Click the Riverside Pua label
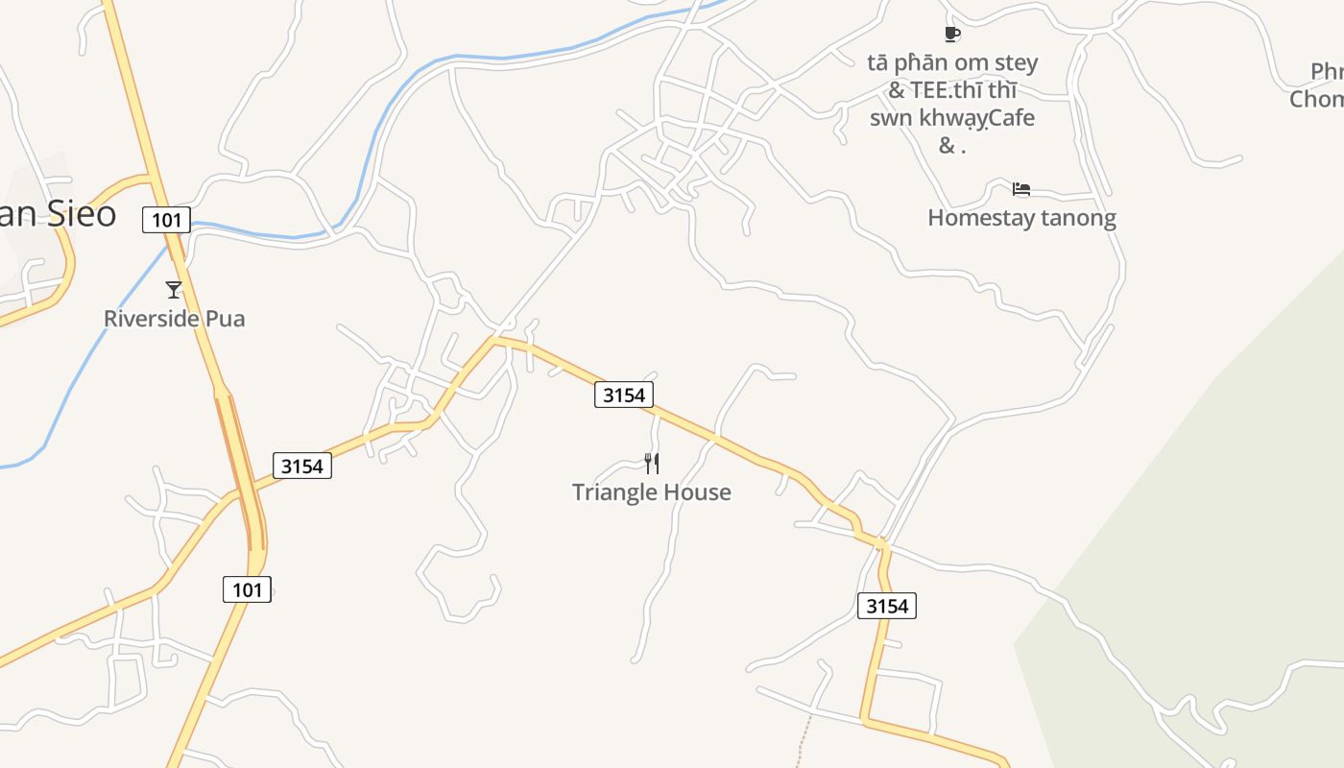(x=174, y=319)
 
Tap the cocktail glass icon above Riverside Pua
(x=174, y=289)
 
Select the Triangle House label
(x=651, y=492)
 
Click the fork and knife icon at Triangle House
(x=652, y=464)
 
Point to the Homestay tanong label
(x=1021, y=218)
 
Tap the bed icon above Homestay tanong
(x=1021, y=189)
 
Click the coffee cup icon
(x=951, y=35)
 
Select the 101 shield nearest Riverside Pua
(x=167, y=220)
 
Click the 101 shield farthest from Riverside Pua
(x=247, y=589)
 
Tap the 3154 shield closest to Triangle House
(x=624, y=395)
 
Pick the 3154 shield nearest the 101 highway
(x=302, y=467)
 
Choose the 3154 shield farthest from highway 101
(x=886, y=606)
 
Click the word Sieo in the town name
(x=81, y=214)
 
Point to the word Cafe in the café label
(x=1006, y=118)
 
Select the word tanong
(x=1070, y=218)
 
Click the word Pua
(x=223, y=319)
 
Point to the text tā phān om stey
(x=952, y=64)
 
